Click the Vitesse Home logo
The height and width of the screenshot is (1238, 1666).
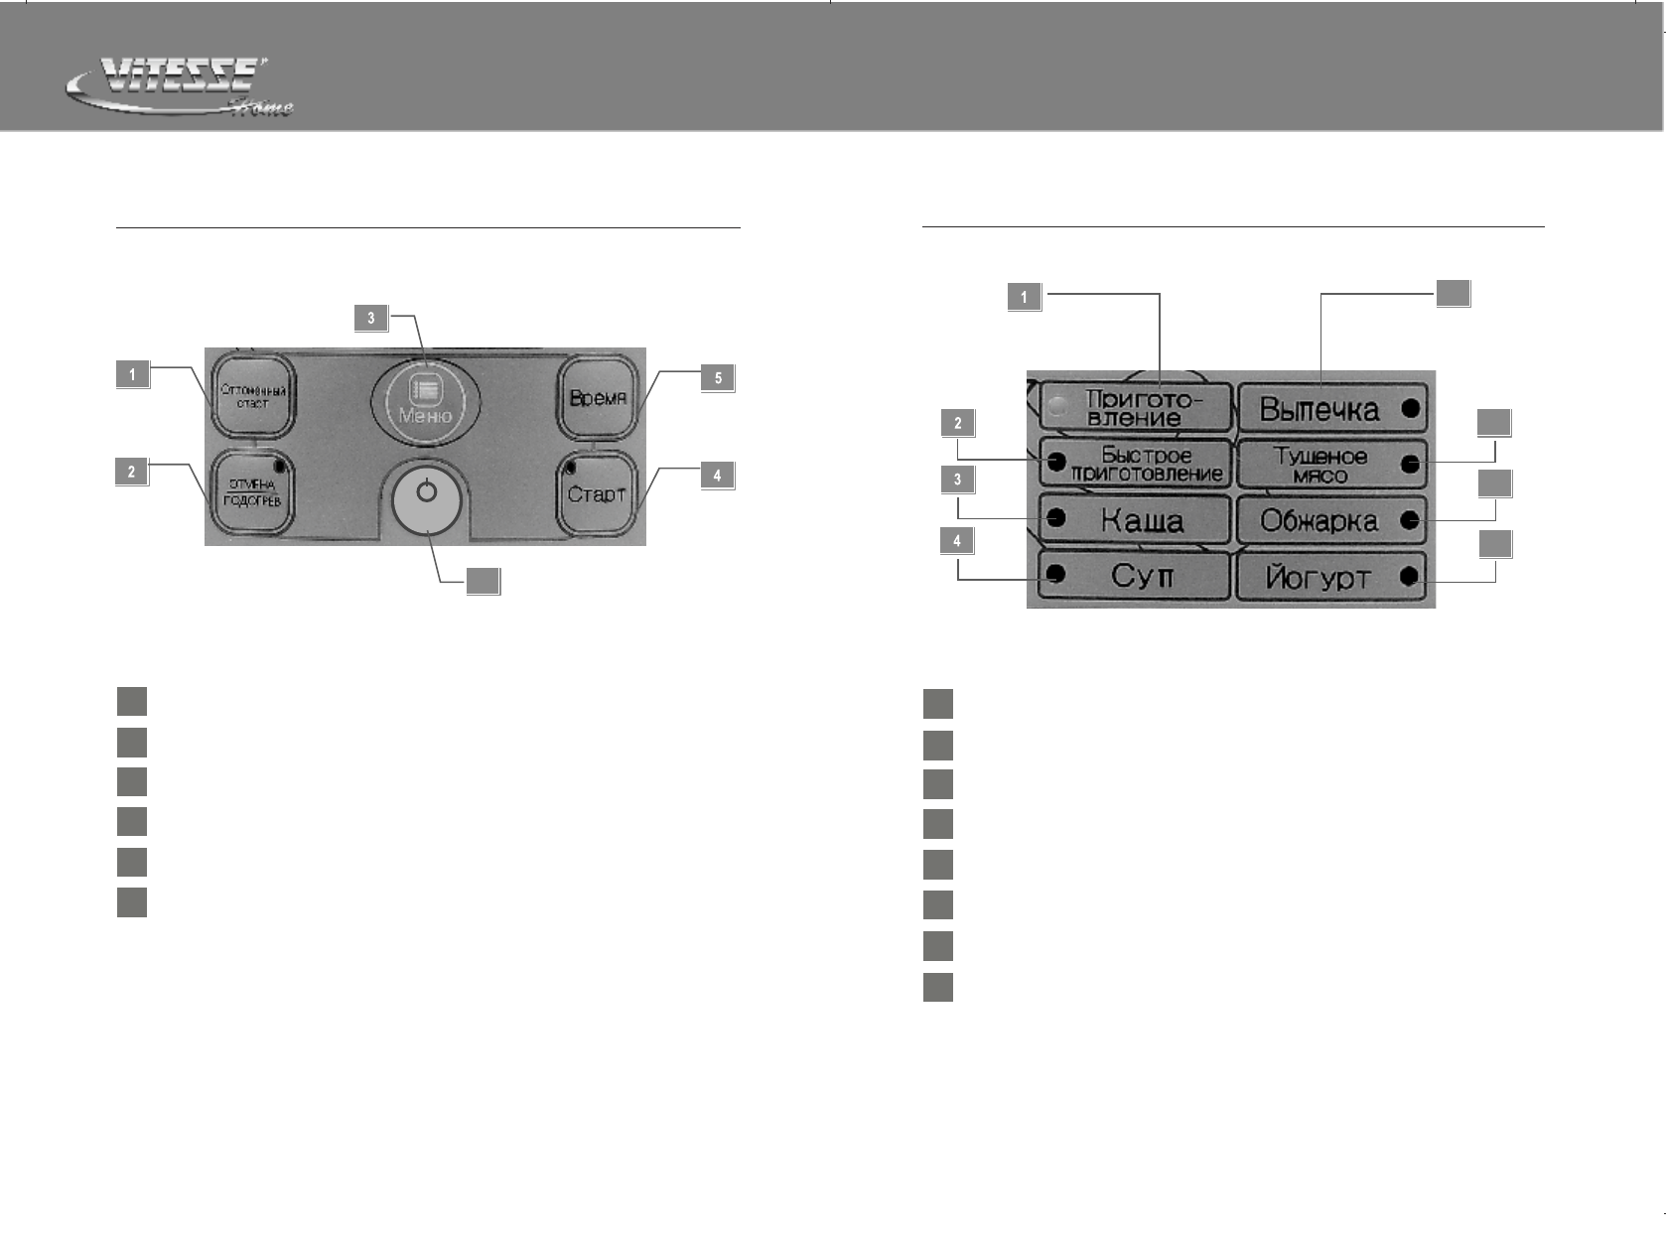coord(179,87)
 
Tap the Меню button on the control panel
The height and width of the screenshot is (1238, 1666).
coord(425,399)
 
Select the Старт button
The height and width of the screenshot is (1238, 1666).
coord(596,493)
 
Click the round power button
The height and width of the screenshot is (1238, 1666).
coord(426,497)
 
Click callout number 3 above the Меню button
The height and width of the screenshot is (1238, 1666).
coord(371,318)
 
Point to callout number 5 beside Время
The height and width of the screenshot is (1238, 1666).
coord(718,377)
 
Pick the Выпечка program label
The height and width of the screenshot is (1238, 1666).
coord(1319,409)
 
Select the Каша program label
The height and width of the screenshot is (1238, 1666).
coord(1142,519)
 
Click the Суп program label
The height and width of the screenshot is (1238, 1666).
coord(1142,576)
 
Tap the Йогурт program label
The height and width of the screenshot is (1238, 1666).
coord(1318,578)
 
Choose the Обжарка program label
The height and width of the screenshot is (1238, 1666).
coord(1319,521)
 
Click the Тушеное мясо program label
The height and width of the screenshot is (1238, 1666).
coord(1319,465)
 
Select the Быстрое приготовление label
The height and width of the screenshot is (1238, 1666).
coord(1146,464)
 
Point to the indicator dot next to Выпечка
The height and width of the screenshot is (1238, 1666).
coord(1409,408)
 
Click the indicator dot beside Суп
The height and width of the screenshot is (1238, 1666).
coord(1056,574)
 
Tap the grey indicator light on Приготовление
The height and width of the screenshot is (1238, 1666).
coord(1058,405)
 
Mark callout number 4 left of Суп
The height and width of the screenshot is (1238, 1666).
coord(957,541)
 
